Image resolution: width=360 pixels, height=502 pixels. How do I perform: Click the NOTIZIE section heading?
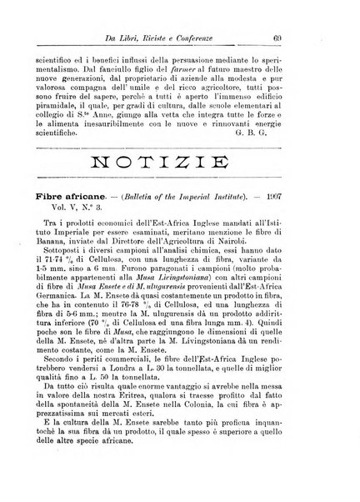point(179,167)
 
